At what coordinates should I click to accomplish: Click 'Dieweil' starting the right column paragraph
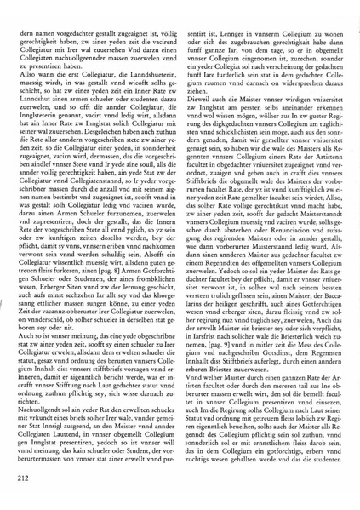click(x=204, y=106)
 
